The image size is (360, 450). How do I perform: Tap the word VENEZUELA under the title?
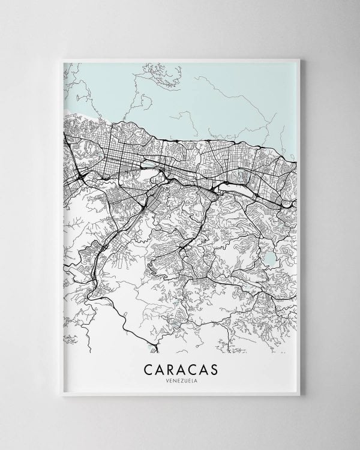coord(180,379)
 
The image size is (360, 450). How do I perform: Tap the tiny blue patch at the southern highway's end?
coord(150,347)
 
